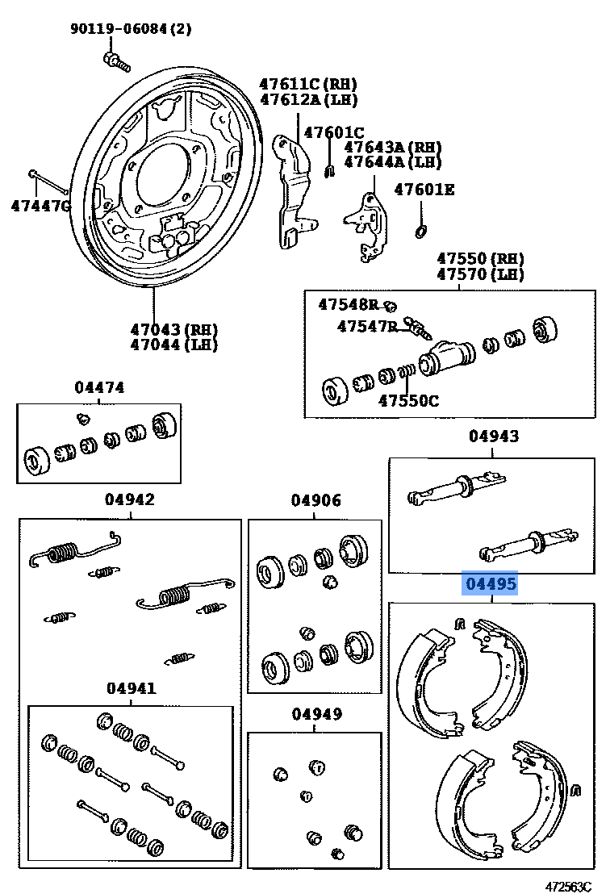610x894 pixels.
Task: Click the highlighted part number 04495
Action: point(489,583)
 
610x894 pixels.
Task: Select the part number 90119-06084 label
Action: point(131,31)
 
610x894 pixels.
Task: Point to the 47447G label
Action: point(40,206)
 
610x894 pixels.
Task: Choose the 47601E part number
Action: point(424,190)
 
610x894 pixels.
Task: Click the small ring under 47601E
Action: point(420,232)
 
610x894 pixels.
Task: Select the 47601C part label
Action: point(333,133)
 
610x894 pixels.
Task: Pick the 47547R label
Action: point(367,326)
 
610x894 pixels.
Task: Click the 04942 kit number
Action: point(129,499)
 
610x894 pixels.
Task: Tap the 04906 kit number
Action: point(315,501)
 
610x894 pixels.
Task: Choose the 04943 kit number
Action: point(494,437)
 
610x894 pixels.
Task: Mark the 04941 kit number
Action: point(131,688)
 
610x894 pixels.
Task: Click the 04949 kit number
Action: point(316,714)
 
